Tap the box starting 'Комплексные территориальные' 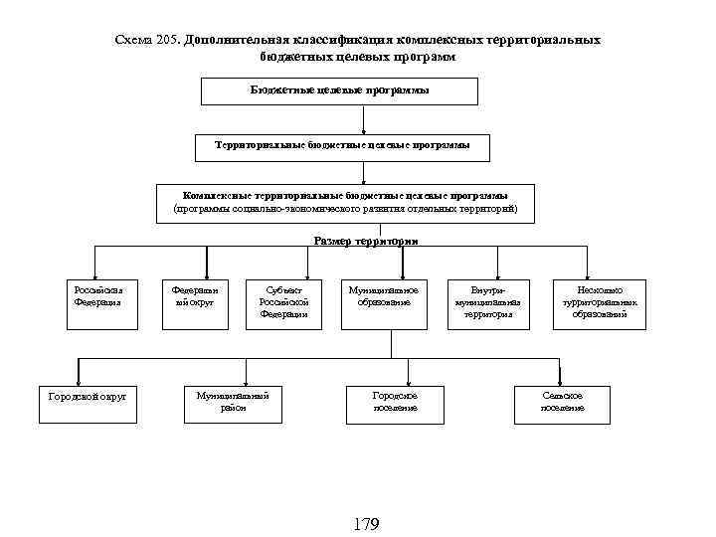pyautogui.click(x=346, y=203)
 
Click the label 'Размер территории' pyautogui.click(x=366, y=241)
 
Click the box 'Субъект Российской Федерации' pyautogui.click(x=283, y=302)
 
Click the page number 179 pyautogui.click(x=365, y=524)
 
